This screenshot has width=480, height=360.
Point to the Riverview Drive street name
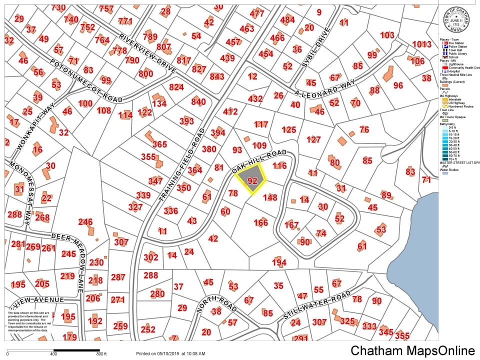tap(147, 53)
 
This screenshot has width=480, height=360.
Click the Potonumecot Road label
tap(86, 80)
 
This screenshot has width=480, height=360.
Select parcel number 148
tap(269, 197)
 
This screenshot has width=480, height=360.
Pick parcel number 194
tap(279, 262)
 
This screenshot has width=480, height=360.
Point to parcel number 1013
tap(421, 44)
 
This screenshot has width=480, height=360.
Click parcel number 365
tap(159, 144)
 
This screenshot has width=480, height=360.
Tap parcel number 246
tap(85, 222)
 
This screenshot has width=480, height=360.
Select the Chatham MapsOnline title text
tap(412, 350)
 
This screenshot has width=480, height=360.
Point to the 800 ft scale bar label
tap(101, 353)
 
